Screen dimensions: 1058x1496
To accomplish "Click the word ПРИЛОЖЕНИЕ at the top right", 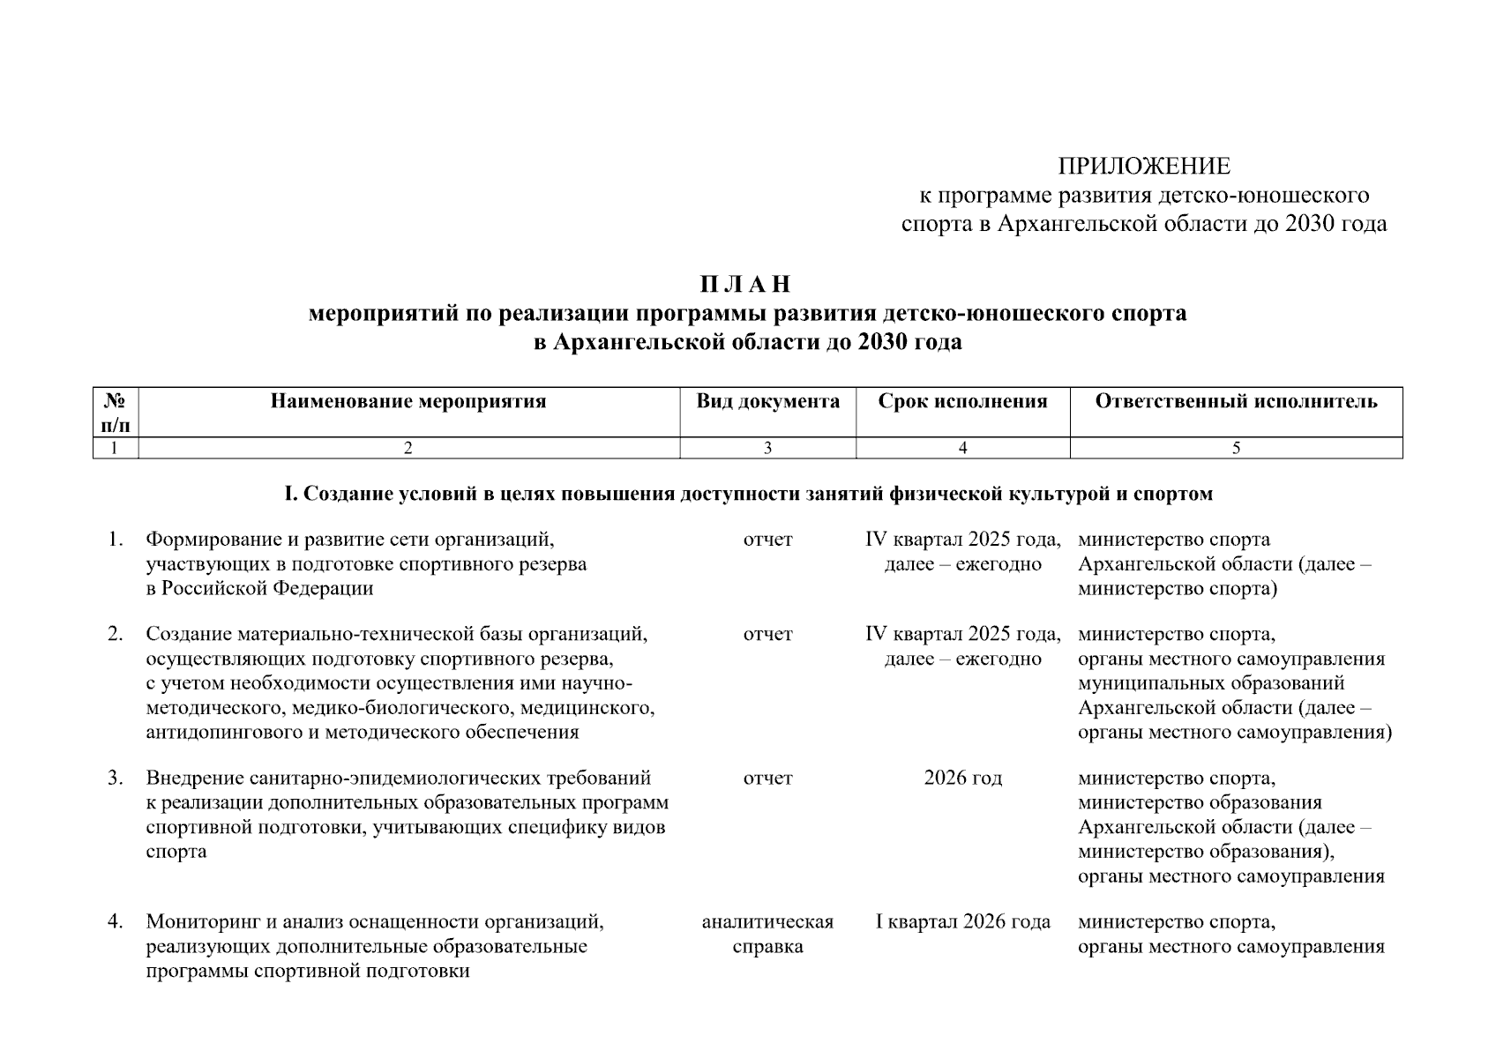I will pyautogui.click(x=1144, y=166).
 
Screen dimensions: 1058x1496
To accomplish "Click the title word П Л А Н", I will pyautogui.click(x=746, y=285).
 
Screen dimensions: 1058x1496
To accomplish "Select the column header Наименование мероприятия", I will pyautogui.click(x=408, y=402).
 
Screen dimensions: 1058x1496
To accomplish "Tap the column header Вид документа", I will pyautogui.click(x=767, y=402).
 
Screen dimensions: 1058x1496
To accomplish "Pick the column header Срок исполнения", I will pyautogui.click(x=962, y=402).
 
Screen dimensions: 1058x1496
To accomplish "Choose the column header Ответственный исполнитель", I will pyautogui.click(x=1236, y=402).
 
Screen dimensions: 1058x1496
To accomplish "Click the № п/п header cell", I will pyautogui.click(x=116, y=413).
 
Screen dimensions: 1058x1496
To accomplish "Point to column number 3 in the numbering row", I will pyautogui.click(x=767, y=449).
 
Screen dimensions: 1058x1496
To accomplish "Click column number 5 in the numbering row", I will pyautogui.click(x=1236, y=449).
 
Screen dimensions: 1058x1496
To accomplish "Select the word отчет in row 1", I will pyautogui.click(x=767, y=540).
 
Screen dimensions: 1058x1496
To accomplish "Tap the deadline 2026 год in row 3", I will pyautogui.click(x=962, y=779).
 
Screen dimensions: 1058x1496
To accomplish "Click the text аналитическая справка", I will pyautogui.click(x=767, y=935).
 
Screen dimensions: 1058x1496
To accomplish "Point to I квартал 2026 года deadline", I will pyautogui.click(x=962, y=922).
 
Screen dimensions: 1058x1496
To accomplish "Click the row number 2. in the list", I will pyautogui.click(x=116, y=635).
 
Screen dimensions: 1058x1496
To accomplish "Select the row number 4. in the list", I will pyautogui.click(x=116, y=922).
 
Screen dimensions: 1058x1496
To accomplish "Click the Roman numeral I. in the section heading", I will pyautogui.click(x=290, y=495).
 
